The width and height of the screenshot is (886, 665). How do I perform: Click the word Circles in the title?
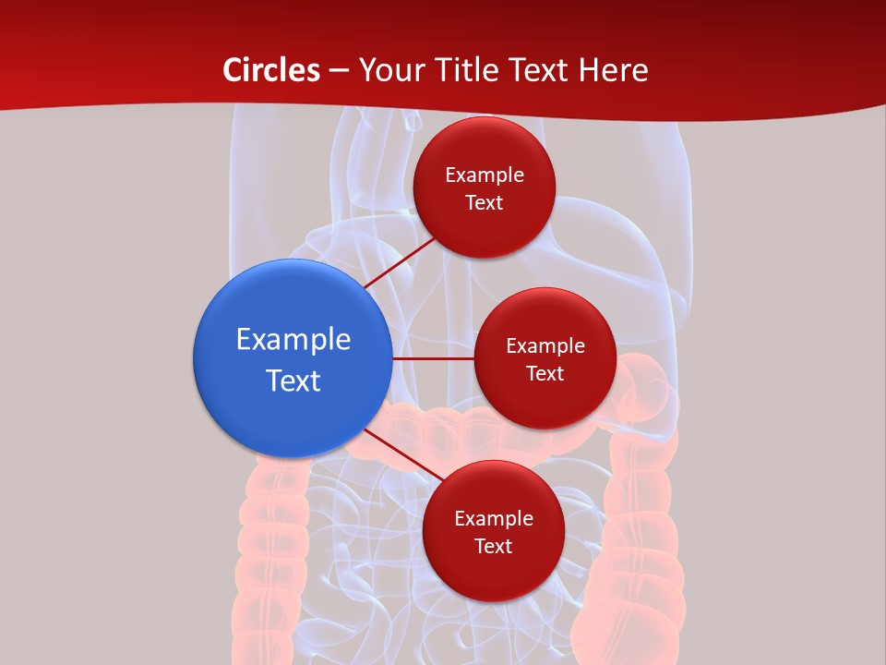click(x=271, y=70)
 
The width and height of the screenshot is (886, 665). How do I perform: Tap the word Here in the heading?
click(x=613, y=70)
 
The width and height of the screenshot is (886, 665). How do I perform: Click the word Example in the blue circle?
click(x=293, y=339)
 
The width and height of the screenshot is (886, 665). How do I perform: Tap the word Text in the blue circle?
click(x=293, y=381)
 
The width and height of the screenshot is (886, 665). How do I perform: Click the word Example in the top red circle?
click(x=484, y=175)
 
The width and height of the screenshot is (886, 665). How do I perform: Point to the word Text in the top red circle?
click(x=484, y=202)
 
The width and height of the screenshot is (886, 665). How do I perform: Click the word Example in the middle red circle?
click(x=545, y=345)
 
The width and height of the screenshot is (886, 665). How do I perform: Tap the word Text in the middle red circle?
click(x=545, y=373)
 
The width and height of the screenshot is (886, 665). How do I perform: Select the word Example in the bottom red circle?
click(x=493, y=518)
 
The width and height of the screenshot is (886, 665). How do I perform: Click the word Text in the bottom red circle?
click(x=493, y=546)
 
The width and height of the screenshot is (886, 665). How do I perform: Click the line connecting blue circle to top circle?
click(x=401, y=262)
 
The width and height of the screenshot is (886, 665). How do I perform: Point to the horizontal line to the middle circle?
click(x=433, y=358)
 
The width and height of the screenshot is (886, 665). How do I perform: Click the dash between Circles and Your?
click(x=339, y=71)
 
